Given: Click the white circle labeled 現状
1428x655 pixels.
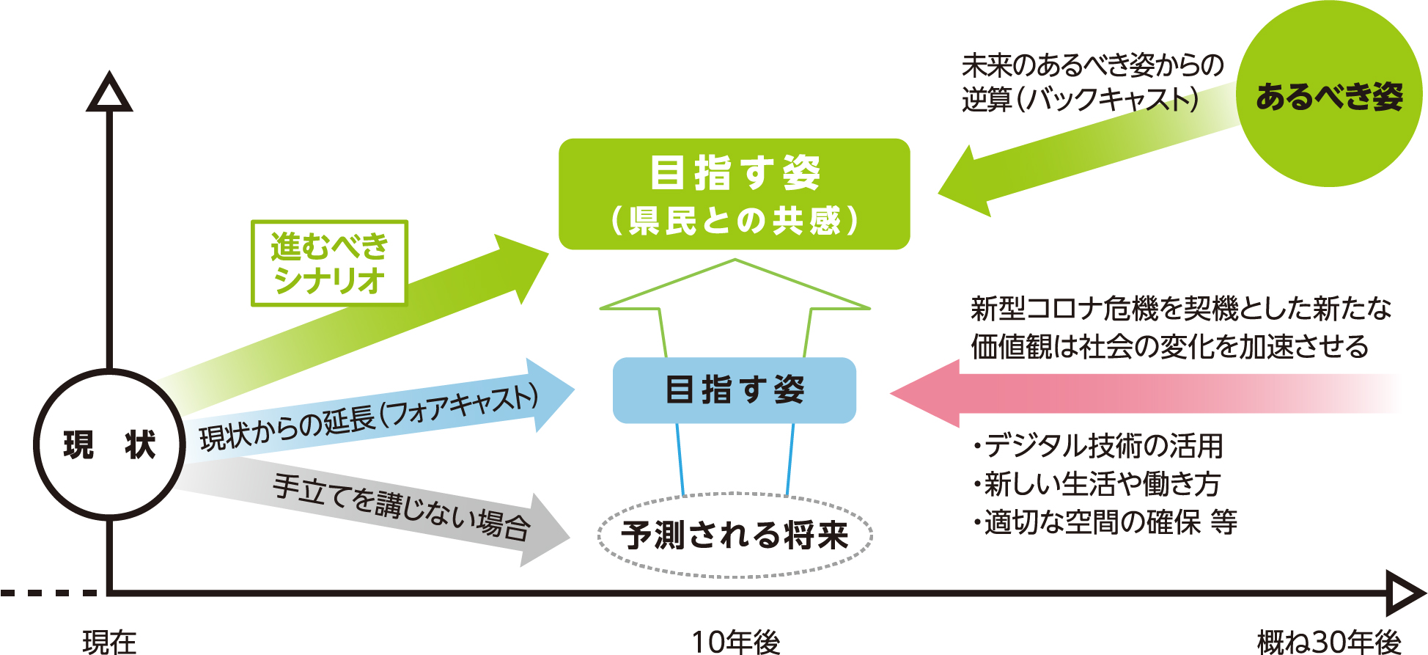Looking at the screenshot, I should [x=108, y=444].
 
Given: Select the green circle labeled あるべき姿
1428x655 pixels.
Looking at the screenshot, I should [x=1328, y=95].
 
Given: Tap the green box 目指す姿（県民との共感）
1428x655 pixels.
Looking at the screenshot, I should [x=734, y=194].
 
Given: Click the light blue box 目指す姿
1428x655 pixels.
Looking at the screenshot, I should [x=734, y=390].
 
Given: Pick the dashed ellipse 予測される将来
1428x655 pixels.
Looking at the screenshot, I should [x=735, y=535].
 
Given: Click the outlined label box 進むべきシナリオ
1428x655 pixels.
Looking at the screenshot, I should [x=329, y=263].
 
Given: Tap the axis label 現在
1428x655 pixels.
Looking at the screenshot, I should [x=109, y=643].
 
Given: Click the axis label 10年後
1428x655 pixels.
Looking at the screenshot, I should [x=736, y=643].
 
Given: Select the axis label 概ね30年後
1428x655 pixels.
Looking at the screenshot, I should [x=1328, y=643].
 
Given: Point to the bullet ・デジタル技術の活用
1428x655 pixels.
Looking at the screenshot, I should [x=1098, y=445].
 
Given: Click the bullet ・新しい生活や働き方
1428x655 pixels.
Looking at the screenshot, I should [x=1097, y=484].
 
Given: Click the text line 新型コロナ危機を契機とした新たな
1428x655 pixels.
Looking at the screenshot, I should [x=1180, y=308].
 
